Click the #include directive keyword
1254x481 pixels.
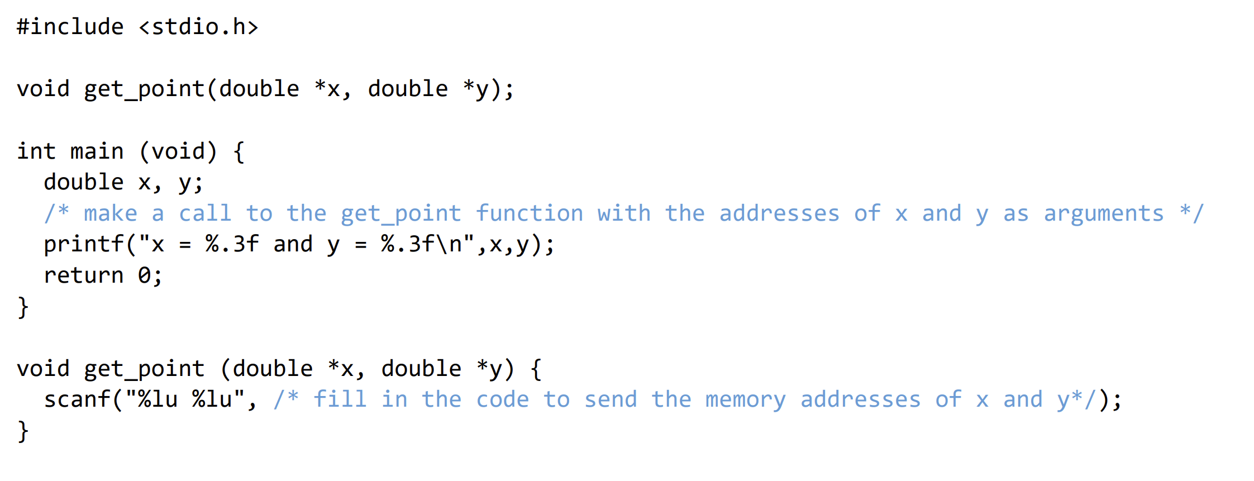coord(70,27)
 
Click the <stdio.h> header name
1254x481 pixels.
coord(198,27)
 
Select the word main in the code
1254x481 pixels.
coord(97,151)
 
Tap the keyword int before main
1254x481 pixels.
coord(36,151)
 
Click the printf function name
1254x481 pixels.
coord(84,244)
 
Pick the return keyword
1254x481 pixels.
coord(84,275)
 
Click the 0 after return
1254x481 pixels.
coord(144,275)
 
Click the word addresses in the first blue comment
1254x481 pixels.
coord(779,213)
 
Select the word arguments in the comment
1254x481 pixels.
coord(1104,213)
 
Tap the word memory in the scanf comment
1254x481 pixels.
coord(745,399)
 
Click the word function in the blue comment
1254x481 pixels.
coord(530,213)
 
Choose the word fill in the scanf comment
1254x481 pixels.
coord(340,399)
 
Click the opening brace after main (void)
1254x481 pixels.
coord(239,152)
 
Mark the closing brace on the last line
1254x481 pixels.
coord(23,431)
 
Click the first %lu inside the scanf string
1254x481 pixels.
coord(158,399)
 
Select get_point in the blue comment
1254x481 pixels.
coord(401,214)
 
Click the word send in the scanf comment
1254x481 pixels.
coord(611,399)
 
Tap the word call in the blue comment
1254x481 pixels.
coord(205,213)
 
